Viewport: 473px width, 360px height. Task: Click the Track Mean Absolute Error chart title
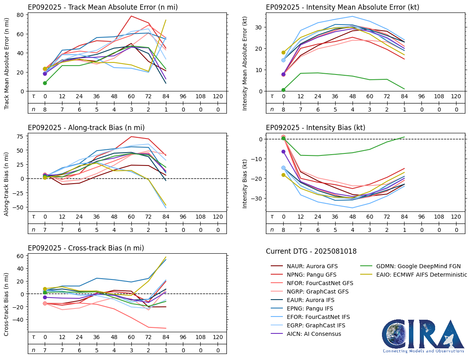coord(103,7)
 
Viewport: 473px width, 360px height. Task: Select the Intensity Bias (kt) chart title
coord(315,128)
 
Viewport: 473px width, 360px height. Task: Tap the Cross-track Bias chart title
coord(86,248)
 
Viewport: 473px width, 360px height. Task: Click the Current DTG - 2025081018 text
coord(311,252)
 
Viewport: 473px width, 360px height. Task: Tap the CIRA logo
coord(423,337)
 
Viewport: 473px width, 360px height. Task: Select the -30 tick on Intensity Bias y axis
coord(257,199)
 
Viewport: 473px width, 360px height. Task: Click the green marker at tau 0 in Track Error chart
coord(45,83)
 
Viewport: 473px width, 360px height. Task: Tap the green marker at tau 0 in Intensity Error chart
coord(283,90)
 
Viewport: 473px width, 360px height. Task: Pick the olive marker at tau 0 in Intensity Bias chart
coord(283,175)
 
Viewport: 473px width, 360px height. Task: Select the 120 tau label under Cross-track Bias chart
coord(218,337)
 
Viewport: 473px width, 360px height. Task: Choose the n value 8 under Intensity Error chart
coord(283,110)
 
